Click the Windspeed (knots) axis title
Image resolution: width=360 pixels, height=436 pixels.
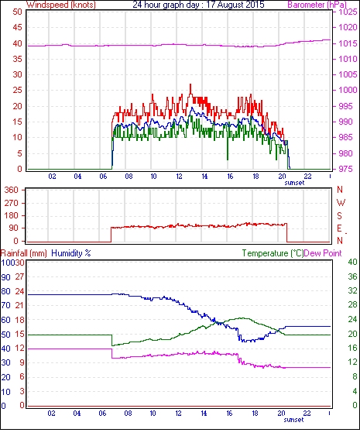point(61,5)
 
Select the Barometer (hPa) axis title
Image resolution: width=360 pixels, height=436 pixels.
point(317,5)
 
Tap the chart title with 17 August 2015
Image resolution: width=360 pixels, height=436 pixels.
point(198,5)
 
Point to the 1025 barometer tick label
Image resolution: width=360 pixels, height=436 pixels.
point(348,12)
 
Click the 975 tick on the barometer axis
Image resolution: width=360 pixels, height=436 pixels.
point(346,169)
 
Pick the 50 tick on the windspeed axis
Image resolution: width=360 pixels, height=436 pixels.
point(17,12)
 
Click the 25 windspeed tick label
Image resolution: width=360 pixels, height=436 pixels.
point(17,91)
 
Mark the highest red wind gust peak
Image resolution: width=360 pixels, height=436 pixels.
point(190,84)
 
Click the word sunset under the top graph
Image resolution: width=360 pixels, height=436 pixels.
point(294,183)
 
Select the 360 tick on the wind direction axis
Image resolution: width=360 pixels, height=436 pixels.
point(12,191)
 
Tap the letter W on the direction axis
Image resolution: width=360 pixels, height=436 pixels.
point(341,203)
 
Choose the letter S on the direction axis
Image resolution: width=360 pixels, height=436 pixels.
point(339,215)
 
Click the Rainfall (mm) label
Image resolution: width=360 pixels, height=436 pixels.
point(24,253)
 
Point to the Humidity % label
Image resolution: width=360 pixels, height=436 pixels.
point(71,253)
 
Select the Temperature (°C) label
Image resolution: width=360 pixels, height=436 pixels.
point(273,253)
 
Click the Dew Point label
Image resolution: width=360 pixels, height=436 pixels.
point(323,253)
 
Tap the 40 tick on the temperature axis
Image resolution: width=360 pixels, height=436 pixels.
point(352,262)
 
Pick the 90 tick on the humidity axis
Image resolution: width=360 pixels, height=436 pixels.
point(5,277)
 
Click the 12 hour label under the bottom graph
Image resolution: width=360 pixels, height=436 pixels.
point(178,414)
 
